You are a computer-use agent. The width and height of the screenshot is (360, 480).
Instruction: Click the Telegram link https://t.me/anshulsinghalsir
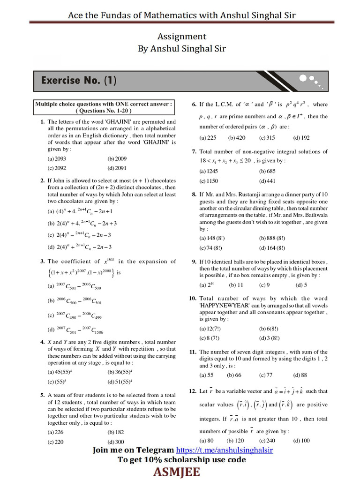229,450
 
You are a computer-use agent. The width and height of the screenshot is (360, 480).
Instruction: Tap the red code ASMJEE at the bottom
180,472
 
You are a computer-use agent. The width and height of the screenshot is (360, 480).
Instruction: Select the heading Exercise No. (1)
79,80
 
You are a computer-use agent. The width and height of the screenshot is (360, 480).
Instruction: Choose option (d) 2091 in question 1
117,168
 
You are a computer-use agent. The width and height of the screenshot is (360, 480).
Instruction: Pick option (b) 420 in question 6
237,138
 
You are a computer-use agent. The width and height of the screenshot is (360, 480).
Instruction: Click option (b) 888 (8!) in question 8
272,239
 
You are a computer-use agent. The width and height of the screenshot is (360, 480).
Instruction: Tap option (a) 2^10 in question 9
207,285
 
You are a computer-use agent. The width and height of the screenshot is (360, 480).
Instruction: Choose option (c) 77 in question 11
266,375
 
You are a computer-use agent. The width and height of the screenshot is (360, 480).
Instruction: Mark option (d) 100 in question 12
301,441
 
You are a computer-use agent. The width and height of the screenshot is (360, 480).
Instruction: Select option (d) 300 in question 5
116,442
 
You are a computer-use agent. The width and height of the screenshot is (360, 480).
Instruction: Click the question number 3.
42,262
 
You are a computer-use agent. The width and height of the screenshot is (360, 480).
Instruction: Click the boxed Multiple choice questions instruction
104,107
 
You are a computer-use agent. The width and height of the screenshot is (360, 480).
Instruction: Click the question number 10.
192,298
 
